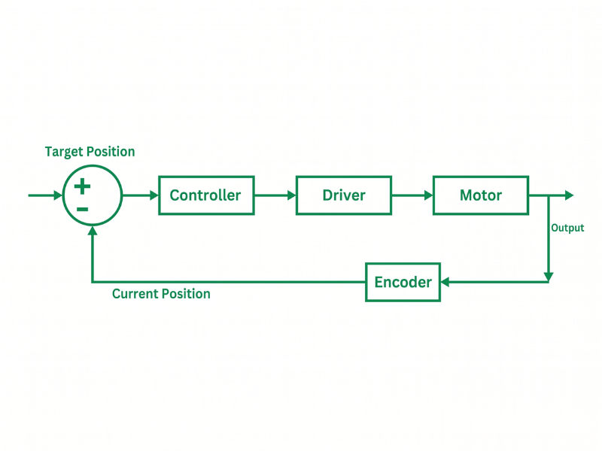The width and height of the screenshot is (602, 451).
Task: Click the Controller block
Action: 206,195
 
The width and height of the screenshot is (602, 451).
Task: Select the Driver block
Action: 344,195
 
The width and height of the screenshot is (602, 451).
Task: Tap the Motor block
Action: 481,195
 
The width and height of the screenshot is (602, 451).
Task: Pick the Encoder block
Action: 403,282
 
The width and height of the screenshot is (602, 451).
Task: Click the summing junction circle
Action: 92,195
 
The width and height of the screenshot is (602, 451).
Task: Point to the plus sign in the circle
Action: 83,186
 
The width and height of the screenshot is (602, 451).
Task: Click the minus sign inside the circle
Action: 83,209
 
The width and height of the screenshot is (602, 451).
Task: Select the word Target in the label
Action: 64,152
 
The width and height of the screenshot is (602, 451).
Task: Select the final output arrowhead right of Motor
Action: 569,195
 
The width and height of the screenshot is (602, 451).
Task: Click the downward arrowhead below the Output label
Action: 549,276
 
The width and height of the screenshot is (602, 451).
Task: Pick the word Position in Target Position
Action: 110,152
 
